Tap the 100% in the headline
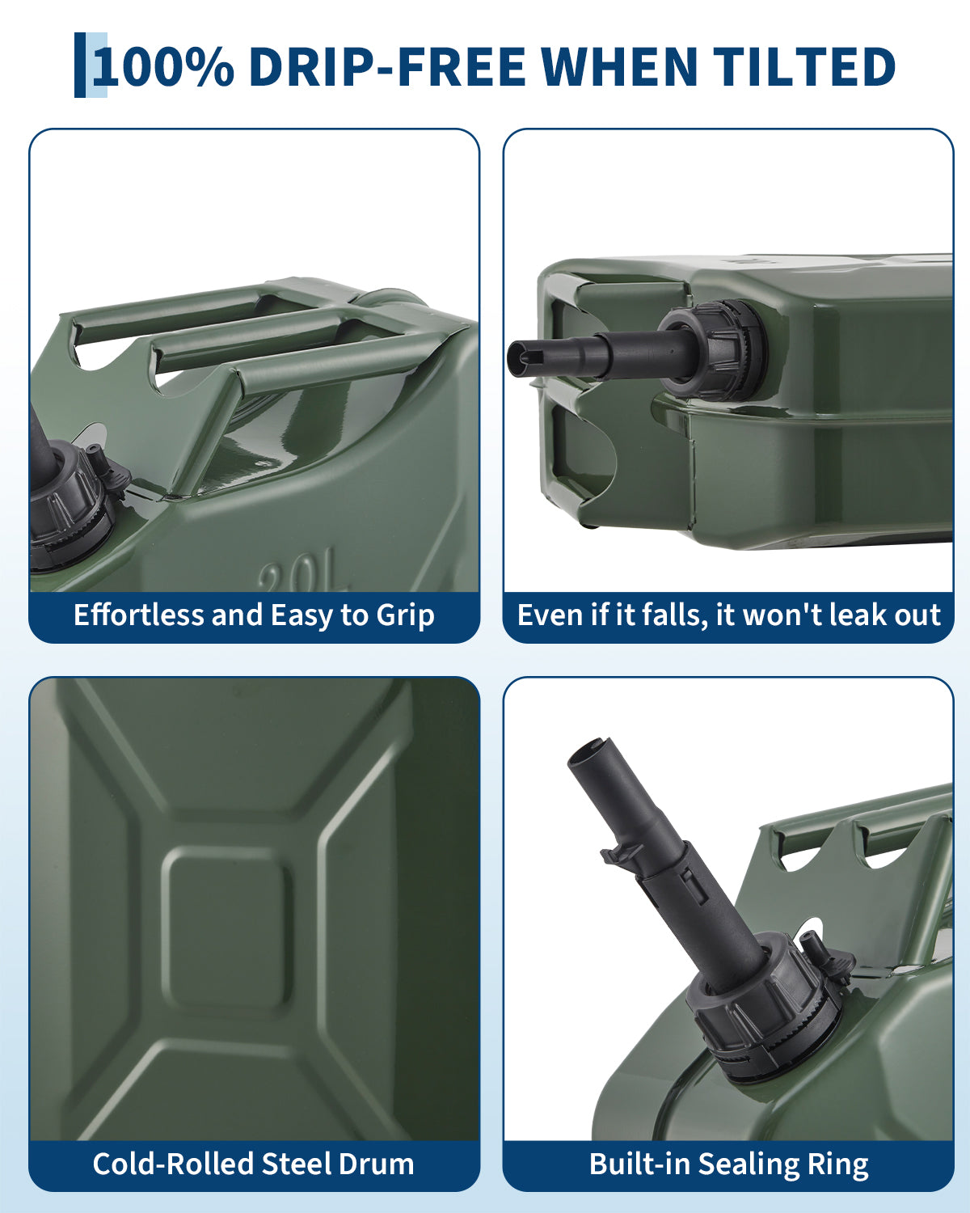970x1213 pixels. [x=163, y=66]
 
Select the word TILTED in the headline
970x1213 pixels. [x=804, y=66]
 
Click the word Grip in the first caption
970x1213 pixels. [x=405, y=615]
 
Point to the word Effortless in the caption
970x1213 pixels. [x=138, y=615]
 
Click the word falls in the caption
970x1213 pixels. [x=674, y=615]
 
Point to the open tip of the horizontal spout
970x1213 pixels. [x=518, y=358]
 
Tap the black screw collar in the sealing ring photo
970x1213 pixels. [x=766, y=1009]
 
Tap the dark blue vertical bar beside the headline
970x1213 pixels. [x=80, y=65]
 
